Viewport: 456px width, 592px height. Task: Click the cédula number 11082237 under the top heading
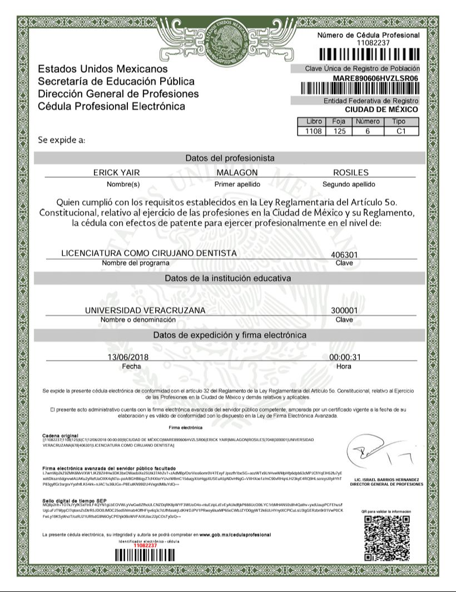coord(369,43)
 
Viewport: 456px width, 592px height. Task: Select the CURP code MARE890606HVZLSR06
coord(375,78)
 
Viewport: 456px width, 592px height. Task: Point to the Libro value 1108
coord(310,131)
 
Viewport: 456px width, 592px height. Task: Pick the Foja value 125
coord(339,131)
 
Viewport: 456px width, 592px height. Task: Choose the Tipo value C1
coord(399,131)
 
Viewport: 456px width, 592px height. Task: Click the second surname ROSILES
coord(350,173)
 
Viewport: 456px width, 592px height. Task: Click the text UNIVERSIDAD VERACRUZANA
coord(145,310)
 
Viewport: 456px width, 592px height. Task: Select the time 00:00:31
coord(345,357)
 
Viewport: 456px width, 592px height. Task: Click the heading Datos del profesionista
coord(230,158)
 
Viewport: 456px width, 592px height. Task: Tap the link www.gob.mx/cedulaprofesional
coord(235,535)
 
